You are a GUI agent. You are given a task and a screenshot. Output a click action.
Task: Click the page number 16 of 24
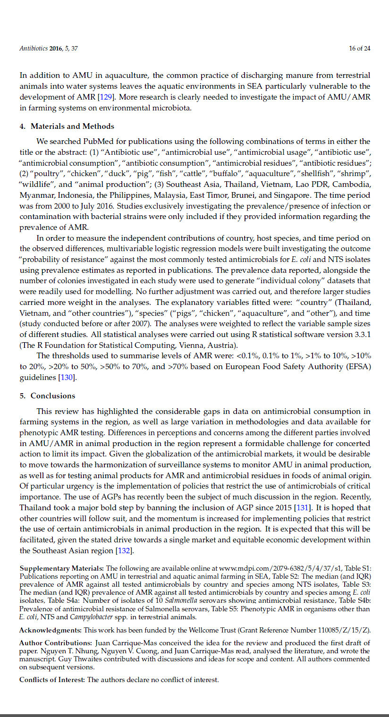pos(359,48)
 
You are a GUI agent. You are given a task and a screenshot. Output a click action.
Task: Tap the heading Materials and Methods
pos(72,126)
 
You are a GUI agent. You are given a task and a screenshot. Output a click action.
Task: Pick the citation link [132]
pos(125,550)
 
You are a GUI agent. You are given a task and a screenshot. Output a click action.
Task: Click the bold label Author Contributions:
pos(56,643)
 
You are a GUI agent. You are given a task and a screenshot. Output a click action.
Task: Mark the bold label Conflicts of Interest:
pos(52,680)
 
